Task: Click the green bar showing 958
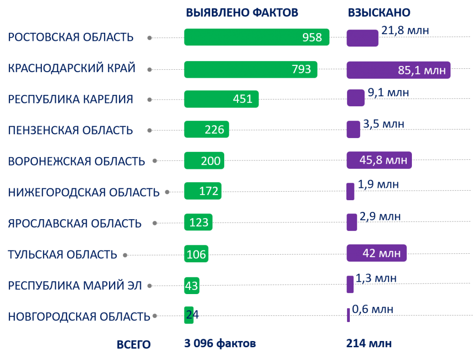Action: [x=256, y=37]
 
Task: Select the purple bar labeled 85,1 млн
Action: [x=398, y=70]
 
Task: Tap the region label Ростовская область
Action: [x=71, y=37]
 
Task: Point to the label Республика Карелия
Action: [x=71, y=100]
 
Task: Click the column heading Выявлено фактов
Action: [x=242, y=13]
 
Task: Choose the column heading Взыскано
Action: [x=379, y=13]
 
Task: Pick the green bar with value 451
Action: [x=221, y=99]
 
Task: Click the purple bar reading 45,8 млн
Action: [x=379, y=160]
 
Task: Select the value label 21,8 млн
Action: [x=405, y=31]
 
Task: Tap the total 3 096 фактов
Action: [x=220, y=343]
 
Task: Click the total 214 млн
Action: [x=369, y=343]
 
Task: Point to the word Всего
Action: [x=134, y=345]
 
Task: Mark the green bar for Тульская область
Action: [x=196, y=254]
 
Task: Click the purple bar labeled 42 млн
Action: [x=376, y=253]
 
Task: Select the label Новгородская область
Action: [x=79, y=317]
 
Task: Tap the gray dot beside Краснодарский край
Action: [x=149, y=70]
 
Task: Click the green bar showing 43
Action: [x=191, y=286]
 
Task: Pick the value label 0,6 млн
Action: [x=373, y=310]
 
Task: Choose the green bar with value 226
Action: [x=206, y=129]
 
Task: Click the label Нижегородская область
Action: [x=84, y=193]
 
